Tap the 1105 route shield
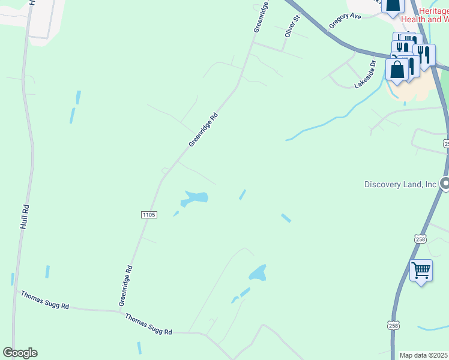[149, 215]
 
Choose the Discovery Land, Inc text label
[400, 184]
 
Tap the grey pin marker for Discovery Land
[445, 184]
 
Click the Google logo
[20, 353]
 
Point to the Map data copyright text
[424, 355]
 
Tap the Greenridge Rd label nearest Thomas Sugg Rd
[125, 284]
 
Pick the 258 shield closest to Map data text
[393, 325]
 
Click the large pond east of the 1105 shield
[196, 197]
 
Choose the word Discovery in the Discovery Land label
[382, 184]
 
